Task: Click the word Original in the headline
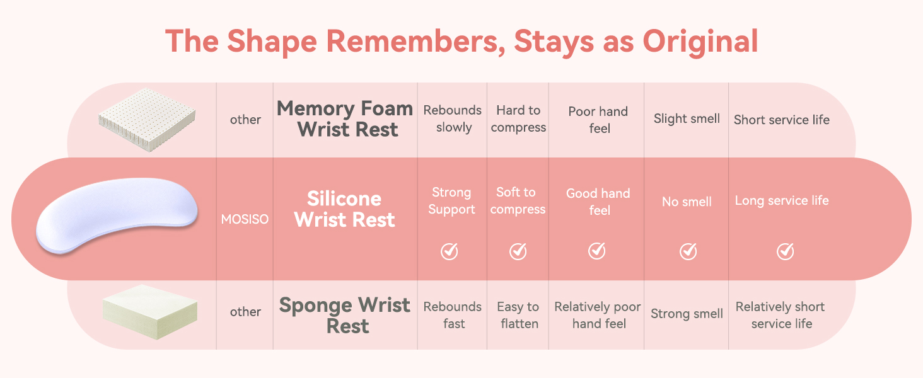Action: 700,42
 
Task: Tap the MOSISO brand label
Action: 245,219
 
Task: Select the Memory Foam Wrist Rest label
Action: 345,119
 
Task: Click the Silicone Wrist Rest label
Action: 344,209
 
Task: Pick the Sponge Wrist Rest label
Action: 345,316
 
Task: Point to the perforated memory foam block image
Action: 147,120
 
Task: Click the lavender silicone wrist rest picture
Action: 117,215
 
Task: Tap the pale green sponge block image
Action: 149,312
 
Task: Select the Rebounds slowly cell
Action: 453,118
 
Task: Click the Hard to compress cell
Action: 518,118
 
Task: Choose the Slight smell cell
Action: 687,119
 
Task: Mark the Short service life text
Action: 782,120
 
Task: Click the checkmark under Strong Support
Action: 449,251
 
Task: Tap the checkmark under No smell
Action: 688,251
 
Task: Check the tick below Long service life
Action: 786,251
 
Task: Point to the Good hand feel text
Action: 598,202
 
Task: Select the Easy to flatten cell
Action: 518,315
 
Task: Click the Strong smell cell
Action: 687,314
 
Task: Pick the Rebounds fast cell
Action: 453,315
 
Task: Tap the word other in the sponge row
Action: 245,312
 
